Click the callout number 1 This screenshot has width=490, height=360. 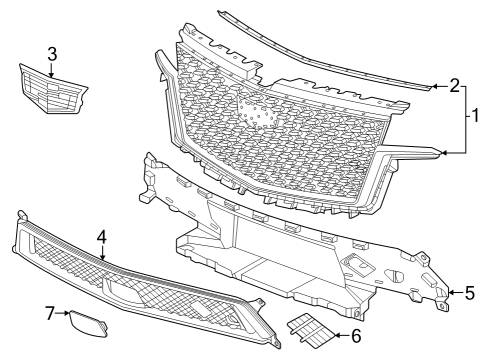478,115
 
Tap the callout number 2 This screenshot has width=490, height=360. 456,87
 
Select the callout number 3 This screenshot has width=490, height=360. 52,52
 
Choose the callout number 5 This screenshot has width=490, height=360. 469,293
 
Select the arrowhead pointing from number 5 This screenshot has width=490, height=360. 449,293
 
